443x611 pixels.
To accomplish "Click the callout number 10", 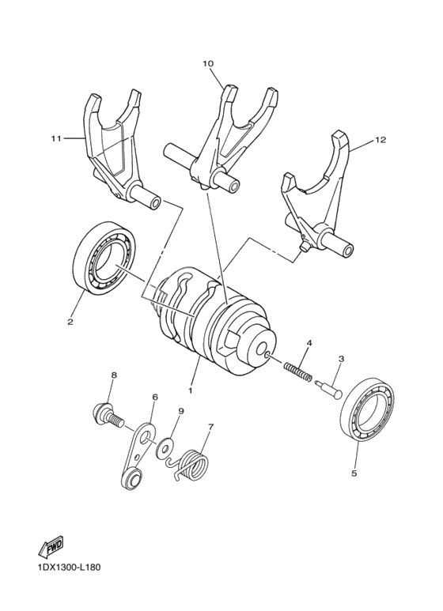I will point(208,62).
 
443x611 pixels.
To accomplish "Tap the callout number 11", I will point(56,139).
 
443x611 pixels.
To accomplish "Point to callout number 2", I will point(70,322).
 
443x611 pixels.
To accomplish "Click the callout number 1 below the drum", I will point(190,390).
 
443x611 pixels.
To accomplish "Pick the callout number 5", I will point(354,473).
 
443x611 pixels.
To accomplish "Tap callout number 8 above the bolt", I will point(114,375).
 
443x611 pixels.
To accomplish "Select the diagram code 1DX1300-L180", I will point(68,567).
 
